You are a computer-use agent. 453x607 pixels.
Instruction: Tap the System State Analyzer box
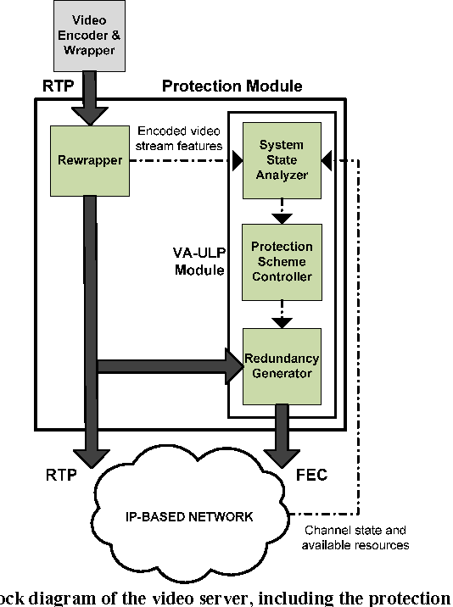(x=282, y=159)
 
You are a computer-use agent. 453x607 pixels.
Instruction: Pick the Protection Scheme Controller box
(x=282, y=261)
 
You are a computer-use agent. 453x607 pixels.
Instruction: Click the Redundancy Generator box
(x=282, y=365)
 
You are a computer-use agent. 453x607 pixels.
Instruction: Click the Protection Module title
(x=232, y=86)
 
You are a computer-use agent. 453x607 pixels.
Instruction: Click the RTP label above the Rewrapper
(x=57, y=86)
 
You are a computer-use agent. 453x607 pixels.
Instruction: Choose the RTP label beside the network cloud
(x=61, y=475)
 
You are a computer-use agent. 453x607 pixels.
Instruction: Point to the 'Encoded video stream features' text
(x=179, y=138)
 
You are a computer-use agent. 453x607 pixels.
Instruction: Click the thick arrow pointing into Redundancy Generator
(x=170, y=365)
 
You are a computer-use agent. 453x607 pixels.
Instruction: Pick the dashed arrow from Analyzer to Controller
(x=282, y=210)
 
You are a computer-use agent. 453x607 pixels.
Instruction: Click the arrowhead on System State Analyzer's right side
(x=329, y=159)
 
